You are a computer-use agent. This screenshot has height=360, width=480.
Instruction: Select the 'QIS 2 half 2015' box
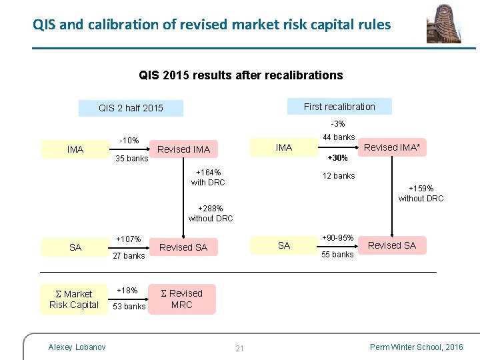(x=131, y=107)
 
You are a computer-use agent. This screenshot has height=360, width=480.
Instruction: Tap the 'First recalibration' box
(x=339, y=107)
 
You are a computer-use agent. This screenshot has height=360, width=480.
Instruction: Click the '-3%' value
(x=338, y=124)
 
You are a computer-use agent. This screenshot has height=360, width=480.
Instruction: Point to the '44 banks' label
(x=339, y=137)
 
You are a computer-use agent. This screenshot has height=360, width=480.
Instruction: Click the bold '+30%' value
(x=338, y=158)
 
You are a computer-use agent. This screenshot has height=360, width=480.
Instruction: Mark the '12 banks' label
(x=339, y=176)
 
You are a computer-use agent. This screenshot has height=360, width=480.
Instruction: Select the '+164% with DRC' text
(x=208, y=177)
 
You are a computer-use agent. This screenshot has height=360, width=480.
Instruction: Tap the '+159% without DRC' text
(x=421, y=193)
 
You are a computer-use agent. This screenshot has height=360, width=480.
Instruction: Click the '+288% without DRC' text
(x=211, y=213)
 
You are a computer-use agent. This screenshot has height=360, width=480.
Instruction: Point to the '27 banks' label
(x=129, y=256)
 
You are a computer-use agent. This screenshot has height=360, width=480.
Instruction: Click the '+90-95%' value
(x=337, y=238)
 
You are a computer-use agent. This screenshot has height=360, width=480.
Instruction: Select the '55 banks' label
(x=338, y=255)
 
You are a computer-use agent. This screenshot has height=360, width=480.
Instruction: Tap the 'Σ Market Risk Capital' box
(x=74, y=299)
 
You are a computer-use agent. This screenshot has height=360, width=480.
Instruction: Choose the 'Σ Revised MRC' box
(x=182, y=299)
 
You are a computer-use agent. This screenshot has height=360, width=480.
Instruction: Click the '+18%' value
(x=127, y=291)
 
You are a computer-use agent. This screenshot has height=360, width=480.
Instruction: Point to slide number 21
(x=240, y=348)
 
